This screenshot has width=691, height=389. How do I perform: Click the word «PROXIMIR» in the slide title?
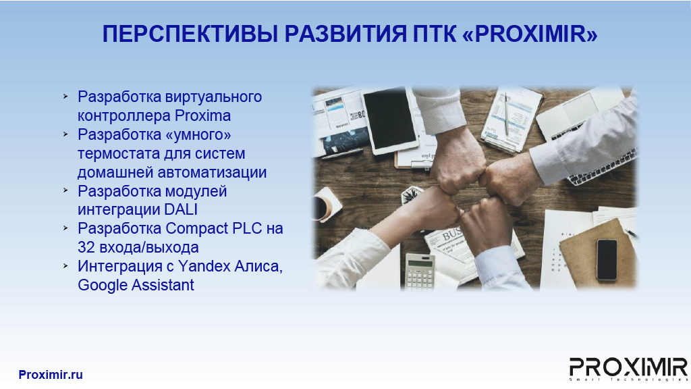click(530, 34)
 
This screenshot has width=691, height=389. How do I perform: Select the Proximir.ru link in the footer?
click(51, 374)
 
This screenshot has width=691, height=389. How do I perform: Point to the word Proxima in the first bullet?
click(202, 115)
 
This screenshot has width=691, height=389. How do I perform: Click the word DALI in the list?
click(181, 209)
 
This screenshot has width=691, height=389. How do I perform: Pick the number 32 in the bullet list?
click(86, 247)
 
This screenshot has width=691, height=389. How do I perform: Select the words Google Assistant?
click(136, 285)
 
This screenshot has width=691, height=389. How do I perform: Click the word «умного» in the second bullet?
click(198, 134)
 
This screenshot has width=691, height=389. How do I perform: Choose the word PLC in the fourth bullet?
click(247, 228)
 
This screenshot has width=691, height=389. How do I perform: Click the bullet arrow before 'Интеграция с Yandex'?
click(65, 266)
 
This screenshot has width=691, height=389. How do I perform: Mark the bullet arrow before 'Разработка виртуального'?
click(65, 96)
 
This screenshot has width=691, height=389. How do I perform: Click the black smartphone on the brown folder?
click(607, 260)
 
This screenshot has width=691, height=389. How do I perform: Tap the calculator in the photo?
click(420, 271)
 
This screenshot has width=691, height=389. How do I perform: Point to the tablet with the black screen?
click(390, 120)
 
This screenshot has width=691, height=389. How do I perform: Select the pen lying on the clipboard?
click(507, 115)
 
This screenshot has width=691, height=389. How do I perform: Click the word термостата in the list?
click(117, 153)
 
